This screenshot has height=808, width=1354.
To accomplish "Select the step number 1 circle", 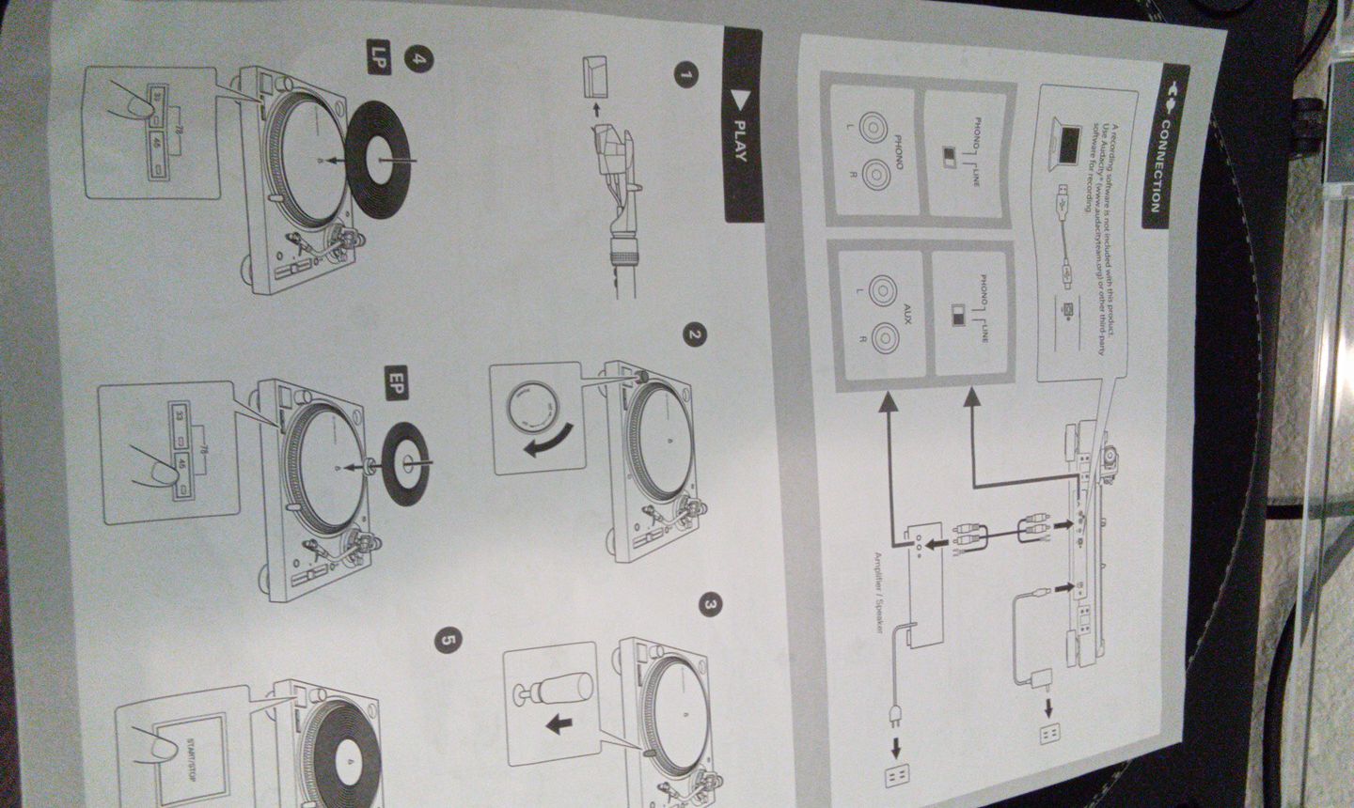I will [x=689, y=75].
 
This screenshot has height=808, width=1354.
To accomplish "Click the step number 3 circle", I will [x=712, y=606].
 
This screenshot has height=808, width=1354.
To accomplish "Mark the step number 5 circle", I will [x=449, y=641].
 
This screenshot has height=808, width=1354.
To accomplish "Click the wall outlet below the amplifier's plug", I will [x=897, y=774].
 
